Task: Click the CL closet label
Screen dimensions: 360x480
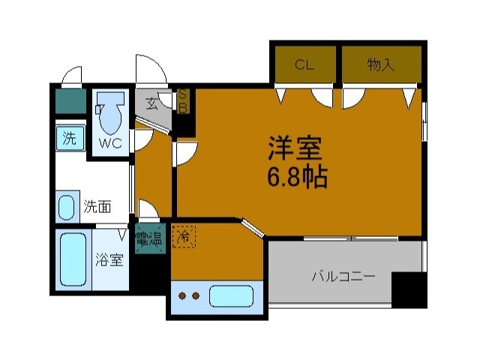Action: [303, 65]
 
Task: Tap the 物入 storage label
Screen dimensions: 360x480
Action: [380, 65]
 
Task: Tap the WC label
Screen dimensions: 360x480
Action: [110, 142]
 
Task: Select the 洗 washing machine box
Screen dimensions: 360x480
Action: [70, 138]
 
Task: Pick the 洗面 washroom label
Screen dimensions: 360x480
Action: [98, 205]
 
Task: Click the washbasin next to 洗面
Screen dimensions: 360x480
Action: [67, 207]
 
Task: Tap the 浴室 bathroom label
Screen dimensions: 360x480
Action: [109, 260]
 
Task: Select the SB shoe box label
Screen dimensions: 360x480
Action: [181, 101]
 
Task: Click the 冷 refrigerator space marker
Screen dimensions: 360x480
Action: [182, 237]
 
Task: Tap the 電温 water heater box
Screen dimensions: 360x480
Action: [148, 239]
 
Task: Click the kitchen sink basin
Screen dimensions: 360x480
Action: [230, 295]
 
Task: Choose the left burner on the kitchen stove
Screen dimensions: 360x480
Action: [182, 295]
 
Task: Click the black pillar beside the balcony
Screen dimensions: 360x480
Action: [409, 290]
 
